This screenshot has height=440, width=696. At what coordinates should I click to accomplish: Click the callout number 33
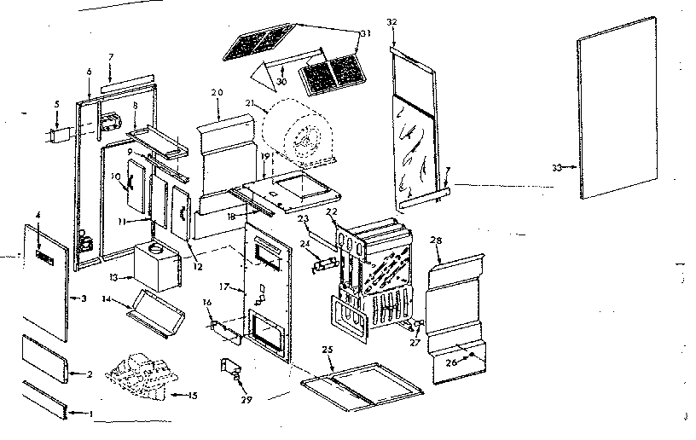pyautogui.click(x=556, y=168)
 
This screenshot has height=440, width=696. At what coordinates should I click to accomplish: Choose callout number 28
pyautogui.click(x=438, y=241)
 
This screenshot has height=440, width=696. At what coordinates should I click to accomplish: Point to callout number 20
pyautogui.click(x=216, y=91)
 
